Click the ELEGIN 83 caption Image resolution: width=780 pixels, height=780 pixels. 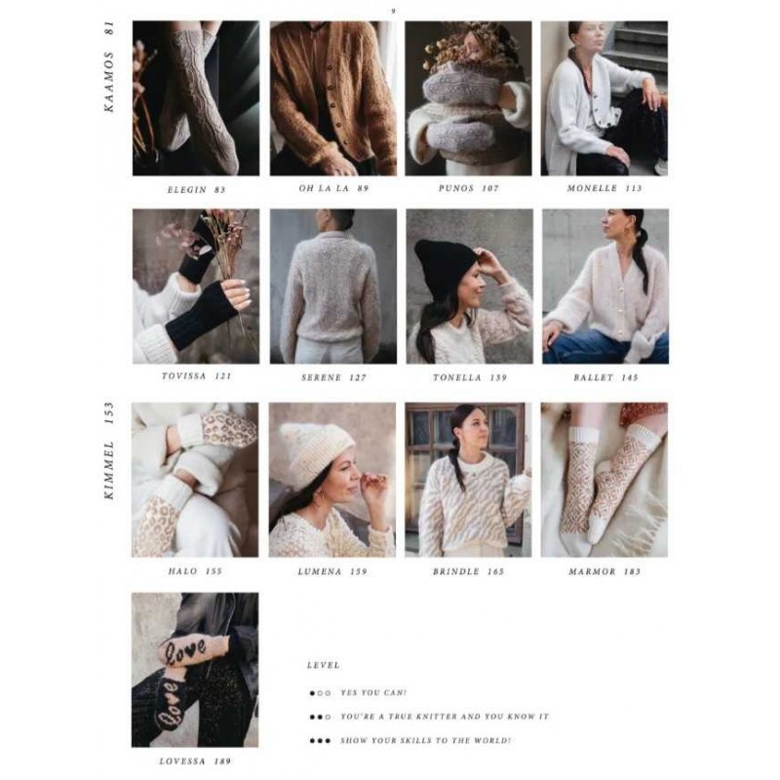[x=196, y=189]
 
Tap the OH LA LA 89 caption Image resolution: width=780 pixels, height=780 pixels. [x=333, y=188]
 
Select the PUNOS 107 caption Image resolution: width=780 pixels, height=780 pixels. [x=468, y=188]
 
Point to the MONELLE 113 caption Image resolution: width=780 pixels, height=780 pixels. [x=604, y=188]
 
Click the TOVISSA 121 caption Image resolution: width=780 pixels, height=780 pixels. [x=197, y=376]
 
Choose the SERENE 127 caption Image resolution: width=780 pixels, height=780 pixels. [x=333, y=377]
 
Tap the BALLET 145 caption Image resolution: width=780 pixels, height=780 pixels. [x=605, y=377]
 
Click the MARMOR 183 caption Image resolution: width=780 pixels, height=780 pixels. [x=604, y=571]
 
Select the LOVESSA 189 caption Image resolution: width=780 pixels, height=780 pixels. [x=195, y=761]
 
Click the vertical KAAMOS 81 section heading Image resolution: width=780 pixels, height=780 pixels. [x=109, y=66]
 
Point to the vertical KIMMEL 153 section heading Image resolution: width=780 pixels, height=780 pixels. [x=109, y=450]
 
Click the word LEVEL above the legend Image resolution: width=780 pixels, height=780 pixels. [x=324, y=665]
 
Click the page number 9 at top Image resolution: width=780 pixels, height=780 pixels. [x=394, y=11]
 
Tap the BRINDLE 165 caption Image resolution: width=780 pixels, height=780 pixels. [x=469, y=571]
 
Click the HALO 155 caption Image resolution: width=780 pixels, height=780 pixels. [x=195, y=571]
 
